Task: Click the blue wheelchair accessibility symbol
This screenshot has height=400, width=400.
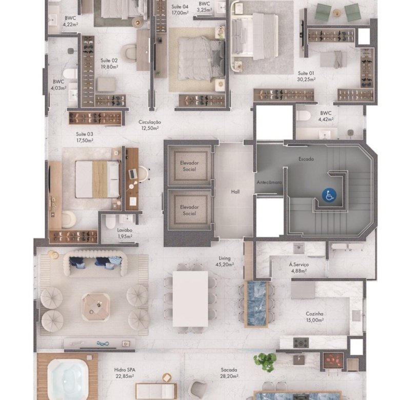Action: (x=329, y=195)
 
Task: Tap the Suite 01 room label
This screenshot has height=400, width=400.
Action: (x=306, y=76)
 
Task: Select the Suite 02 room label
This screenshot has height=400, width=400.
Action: (x=109, y=64)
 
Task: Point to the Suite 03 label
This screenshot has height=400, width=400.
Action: (x=85, y=137)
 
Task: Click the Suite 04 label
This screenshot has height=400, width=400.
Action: (x=180, y=10)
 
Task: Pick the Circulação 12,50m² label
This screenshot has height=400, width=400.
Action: (x=150, y=125)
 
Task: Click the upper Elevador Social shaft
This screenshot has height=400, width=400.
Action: (x=189, y=166)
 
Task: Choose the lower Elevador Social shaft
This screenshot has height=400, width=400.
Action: (x=189, y=210)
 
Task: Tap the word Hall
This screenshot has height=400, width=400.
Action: (x=235, y=192)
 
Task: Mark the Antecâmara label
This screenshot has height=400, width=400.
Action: (x=269, y=183)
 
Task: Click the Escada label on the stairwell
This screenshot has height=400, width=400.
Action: (x=306, y=159)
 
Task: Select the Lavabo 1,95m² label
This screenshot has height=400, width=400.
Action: (x=125, y=233)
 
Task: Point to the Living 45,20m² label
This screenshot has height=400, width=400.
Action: (x=225, y=261)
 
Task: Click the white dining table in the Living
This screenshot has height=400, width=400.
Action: (x=190, y=299)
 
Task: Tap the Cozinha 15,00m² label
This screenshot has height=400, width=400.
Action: (x=315, y=317)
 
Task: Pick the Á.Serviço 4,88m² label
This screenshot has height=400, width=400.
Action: (x=299, y=268)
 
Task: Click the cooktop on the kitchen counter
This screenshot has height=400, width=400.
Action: (x=301, y=343)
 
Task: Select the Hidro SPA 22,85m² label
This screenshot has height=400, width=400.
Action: (x=125, y=373)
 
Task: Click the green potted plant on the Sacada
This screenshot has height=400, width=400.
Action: (x=265, y=362)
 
